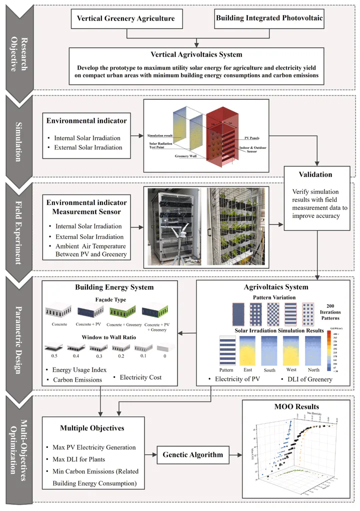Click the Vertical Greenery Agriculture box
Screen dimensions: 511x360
126,18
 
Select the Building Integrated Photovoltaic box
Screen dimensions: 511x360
269,18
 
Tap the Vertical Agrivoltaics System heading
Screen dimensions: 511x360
196,55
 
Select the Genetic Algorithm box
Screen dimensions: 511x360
192,454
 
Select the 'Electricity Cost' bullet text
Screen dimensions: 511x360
140,377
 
